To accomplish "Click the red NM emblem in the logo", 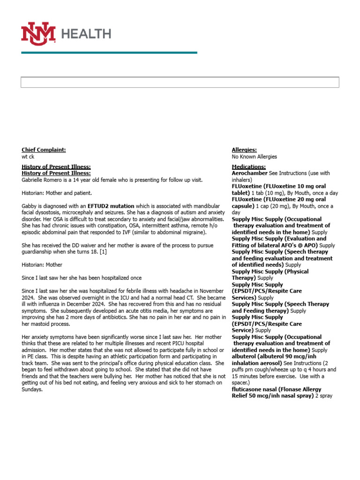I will (x=38, y=33).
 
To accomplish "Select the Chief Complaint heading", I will (x=44, y=150).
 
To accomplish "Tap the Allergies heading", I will (x=244, y=150).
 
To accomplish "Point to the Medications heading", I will (x=248, y=167).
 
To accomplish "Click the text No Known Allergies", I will (x=254, y=157).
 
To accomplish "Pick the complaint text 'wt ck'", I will (x=28, y=157).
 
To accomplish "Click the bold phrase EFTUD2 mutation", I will (x=110, y=206).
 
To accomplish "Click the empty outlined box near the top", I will (x=180, y=82).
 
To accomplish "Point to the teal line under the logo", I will (x=109, y=52).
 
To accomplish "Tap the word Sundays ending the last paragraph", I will (x=32, y=390).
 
